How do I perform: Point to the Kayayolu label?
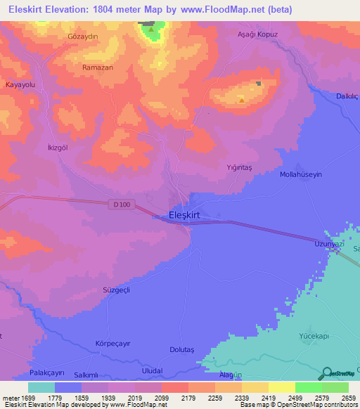click(20, 84)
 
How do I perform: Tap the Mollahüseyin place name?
click(300, 174)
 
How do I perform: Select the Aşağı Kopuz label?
click(258, 34)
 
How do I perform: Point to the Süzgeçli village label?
click(117, 290)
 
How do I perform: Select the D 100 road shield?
click(120, 204)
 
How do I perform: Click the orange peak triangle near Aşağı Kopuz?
click(242, 100)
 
